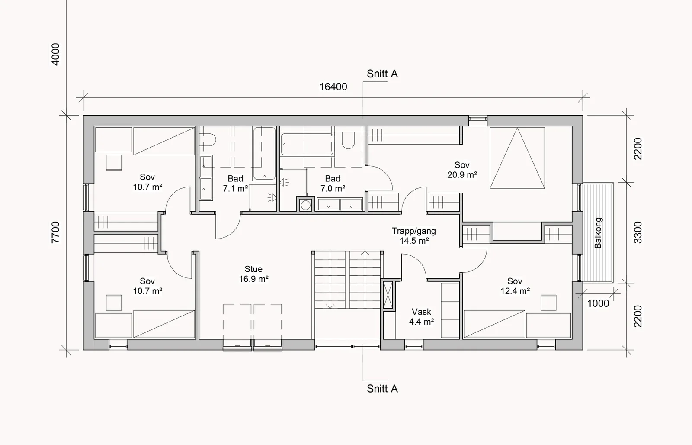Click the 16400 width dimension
(333, 87)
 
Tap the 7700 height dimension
(56, 232)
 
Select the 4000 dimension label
(55, 55)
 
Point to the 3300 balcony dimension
(638, 232)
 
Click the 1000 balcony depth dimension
(598, 303)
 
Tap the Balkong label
(599, 233)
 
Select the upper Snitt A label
(382, 74)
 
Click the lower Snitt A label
(382, 389)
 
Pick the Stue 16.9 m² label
(253, 274)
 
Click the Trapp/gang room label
(414, 235)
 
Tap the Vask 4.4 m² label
(421, 317)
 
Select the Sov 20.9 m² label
(462, 170)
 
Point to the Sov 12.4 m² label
(515, 286)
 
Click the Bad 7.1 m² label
(235, 184)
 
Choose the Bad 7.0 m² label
(333, 184)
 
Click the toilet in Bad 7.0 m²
(349, 141)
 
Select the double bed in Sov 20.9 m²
(517, 158)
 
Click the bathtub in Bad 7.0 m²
(307, 145)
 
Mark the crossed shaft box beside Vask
(388, 295)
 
